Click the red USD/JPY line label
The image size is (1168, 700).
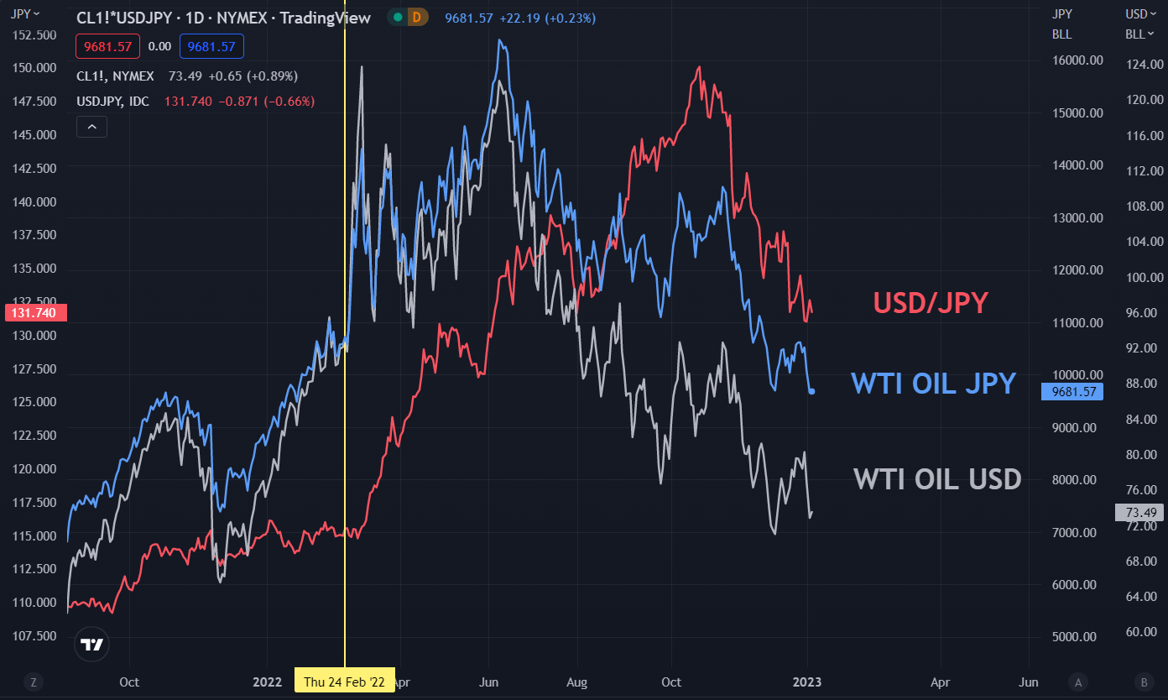coord(931,303)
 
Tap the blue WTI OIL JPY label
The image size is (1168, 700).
coord(933,384)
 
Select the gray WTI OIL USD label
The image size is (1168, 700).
coord(937,479)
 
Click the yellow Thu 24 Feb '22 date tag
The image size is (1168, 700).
coord(344,682)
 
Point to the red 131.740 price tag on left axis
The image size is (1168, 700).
coord(35,313)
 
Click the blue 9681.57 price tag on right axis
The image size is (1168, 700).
coord(1067,392)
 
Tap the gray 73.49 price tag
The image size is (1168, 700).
coord(1139,513)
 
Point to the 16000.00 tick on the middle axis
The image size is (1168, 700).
coord(1078,60)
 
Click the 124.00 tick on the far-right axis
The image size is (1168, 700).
coord(1144,65)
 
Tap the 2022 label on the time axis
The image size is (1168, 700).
coord(267,682)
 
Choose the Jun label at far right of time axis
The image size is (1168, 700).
coord(1028,682)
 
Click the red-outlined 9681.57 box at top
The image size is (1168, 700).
coord(107,47)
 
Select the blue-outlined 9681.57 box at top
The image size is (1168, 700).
coord(211,47)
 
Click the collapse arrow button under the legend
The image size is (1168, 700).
coord(91,127)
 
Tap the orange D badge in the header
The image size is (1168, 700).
coord(417,18)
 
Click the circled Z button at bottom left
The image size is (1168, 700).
coord(33,682)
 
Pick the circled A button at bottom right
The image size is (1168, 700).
coord(1078,682)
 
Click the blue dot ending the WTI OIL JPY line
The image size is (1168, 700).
coord(811,391)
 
